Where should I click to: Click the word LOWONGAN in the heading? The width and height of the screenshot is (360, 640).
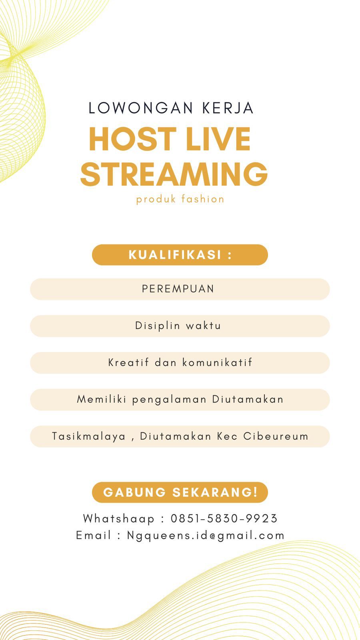140,108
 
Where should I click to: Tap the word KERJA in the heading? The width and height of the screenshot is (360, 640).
228,108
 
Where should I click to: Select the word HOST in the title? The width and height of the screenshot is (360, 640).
132,139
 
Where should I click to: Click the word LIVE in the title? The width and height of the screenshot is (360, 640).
218,139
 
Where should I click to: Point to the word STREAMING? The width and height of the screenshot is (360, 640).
174,174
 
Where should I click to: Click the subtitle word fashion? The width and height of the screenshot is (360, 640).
202,199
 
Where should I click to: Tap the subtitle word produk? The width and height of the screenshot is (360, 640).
156,199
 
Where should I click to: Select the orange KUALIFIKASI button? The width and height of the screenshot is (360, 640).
180,254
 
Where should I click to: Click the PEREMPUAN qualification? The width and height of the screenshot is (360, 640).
178,289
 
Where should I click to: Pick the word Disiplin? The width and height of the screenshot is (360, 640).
158,326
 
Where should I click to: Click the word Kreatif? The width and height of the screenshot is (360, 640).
128,362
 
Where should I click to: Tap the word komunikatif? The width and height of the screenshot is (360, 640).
217,362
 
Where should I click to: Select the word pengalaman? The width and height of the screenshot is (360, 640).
169,400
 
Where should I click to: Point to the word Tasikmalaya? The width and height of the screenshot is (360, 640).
88,436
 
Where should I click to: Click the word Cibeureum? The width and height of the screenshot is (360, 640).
276,436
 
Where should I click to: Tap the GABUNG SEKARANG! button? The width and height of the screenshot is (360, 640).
180,492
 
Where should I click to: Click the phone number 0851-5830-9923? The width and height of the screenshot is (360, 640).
224,518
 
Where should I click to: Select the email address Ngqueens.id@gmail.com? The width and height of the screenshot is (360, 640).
206,536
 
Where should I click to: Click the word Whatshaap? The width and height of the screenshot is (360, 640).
118,519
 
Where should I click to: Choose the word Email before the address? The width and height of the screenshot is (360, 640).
93,535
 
